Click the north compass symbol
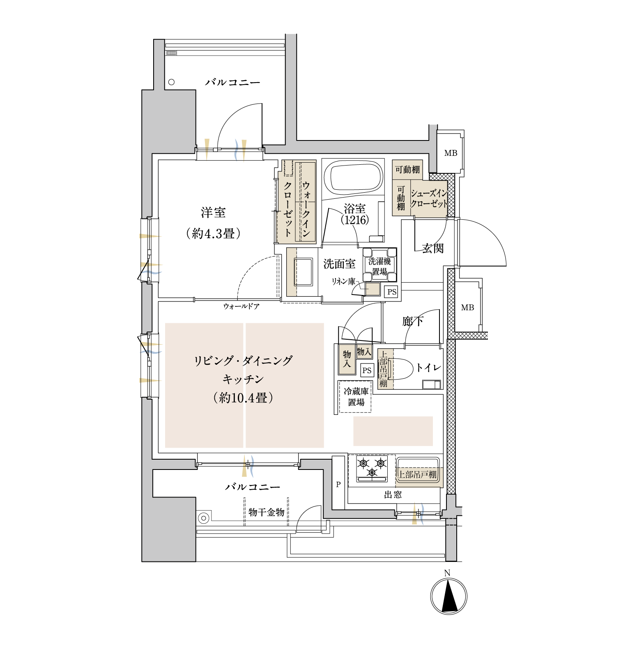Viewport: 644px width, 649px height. click(448, 596)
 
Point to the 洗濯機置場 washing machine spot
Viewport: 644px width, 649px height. click(379, 265)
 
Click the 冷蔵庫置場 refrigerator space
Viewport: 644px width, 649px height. click(355, 397)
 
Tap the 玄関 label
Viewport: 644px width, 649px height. click(433, 248)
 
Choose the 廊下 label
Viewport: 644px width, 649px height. click(413, 321)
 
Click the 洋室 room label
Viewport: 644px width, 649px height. click(213, 213)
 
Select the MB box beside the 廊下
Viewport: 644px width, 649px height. click(467, 307)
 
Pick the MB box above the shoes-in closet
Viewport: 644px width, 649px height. click(451, 153)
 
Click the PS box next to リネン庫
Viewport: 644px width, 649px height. click(392, 292)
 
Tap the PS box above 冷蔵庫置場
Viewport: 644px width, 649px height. click(367, 370)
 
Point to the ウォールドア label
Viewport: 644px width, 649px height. click(241, 306)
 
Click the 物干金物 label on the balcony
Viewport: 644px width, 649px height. click(267, 512)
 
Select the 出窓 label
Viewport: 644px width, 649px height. click(393, 495)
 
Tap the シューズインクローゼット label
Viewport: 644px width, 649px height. click(429, 198)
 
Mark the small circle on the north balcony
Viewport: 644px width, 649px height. click(171, 82)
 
